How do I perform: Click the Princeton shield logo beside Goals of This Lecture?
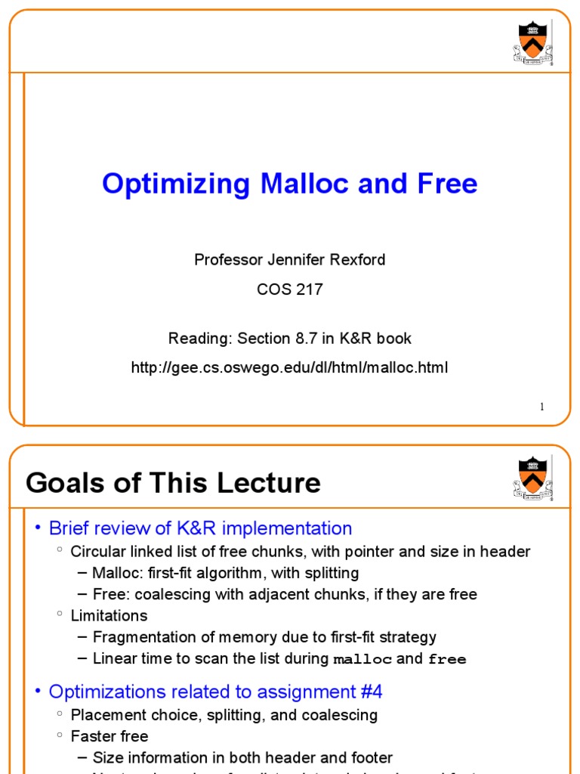click(x=532, y=478)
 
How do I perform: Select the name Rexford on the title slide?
click(x=355, y=260)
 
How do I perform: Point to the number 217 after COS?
click(x=309, y=289)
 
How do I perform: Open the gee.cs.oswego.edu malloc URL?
click(x=289, y=368)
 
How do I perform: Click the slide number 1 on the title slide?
click(x=541, y=407)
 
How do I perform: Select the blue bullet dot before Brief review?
click(x=38, y=528)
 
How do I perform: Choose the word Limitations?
click(x=109, y=615)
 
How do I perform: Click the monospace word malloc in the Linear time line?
click(x=362, y=659)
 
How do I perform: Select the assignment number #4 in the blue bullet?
click(x=370, y=692)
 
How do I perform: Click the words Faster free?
click(x=109, y=736)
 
